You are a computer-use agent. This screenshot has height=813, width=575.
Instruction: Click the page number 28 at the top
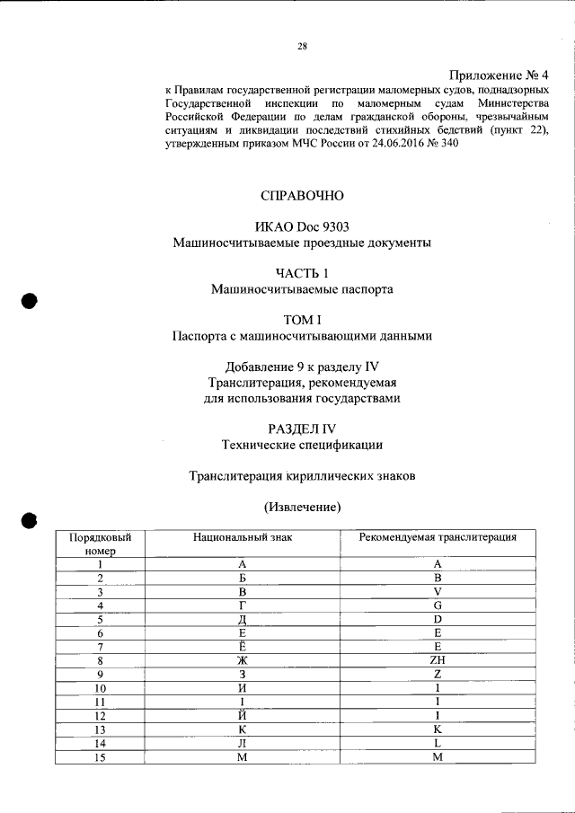[x=303, y=47]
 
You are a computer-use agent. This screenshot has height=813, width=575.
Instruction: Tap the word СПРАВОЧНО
[x=302, y=195]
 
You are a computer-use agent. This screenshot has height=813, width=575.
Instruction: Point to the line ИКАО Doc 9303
[x=302, y=226]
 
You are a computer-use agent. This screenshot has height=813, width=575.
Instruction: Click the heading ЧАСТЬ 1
[x=302, y=273]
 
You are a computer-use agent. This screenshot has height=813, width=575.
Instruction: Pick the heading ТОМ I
[x=302, y=320]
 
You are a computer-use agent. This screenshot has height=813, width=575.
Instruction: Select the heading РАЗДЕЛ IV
[x=302, y=428]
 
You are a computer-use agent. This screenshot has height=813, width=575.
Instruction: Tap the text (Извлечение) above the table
[x=302, y=507]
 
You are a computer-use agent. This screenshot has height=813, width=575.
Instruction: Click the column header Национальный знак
[x=243, y=537]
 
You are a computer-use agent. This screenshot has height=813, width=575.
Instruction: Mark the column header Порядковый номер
[x=100, y=543]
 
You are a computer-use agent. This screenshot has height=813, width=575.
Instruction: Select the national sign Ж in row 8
[x=243, y=660]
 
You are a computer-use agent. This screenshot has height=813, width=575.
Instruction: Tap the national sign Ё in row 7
[x=243, y=646]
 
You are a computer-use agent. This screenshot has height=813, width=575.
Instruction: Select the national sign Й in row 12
[x=243, y=715]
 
